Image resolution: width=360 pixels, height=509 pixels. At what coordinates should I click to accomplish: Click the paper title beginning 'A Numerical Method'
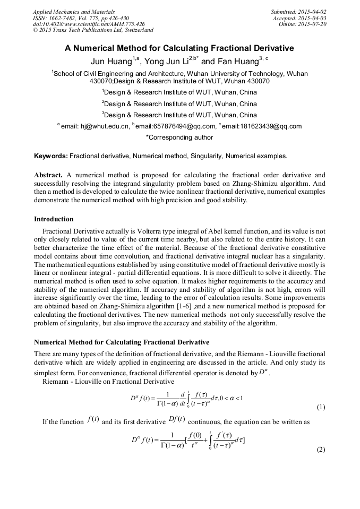(x=179, y=48)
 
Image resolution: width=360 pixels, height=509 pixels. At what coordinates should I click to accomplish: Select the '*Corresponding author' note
(x=179, y=137)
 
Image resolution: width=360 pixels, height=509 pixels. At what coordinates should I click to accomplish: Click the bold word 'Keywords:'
(x=51, y=156)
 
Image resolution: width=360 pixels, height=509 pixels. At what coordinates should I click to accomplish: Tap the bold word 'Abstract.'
(x=48, y=175)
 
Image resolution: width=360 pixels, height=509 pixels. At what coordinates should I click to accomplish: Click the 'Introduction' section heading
(x=54, y=219)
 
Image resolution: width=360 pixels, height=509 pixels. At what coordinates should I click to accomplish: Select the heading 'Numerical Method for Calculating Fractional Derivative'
(x=122, y=342)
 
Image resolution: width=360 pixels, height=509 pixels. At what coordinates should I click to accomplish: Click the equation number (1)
(x=321, y=408)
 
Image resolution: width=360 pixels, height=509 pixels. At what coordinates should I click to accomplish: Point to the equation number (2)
(x=321, y=450)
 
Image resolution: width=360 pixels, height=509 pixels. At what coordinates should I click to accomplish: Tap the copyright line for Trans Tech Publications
(x=93, y=31)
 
